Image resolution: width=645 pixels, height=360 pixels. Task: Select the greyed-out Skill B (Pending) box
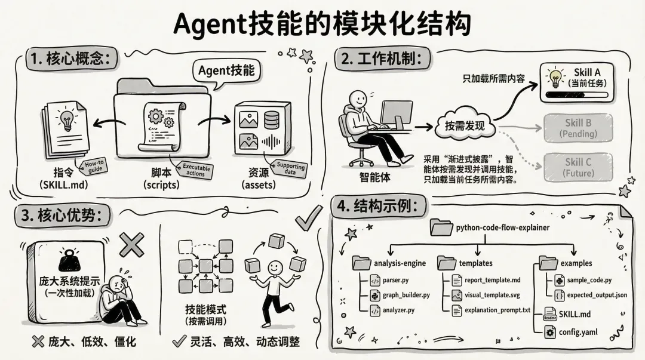pyautogui.click(x=578, y=128)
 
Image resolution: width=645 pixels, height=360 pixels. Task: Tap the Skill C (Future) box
pyautogui.click(x=578, y=167)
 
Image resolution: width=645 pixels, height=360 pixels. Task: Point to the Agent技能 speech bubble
pyautogui.click(x=226, y=71)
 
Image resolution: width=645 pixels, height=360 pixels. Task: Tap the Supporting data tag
pyautogui.click(x=291, y=170)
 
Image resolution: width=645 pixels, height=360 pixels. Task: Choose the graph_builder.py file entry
pyautogui.click(x=406, y=295)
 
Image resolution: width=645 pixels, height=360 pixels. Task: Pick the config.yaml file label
pyautogui.click(x=578, y=332)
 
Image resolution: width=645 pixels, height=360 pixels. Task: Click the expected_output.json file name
pyautogui.click(x=597, y=295)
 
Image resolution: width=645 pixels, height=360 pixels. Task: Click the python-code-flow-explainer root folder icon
pyautogui.click(x=441, y=227)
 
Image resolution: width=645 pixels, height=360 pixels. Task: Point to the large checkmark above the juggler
pyautogui.click(x=309, y=219)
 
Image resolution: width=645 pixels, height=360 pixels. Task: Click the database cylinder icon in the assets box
pyautogui.click(x=272, y=119)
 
